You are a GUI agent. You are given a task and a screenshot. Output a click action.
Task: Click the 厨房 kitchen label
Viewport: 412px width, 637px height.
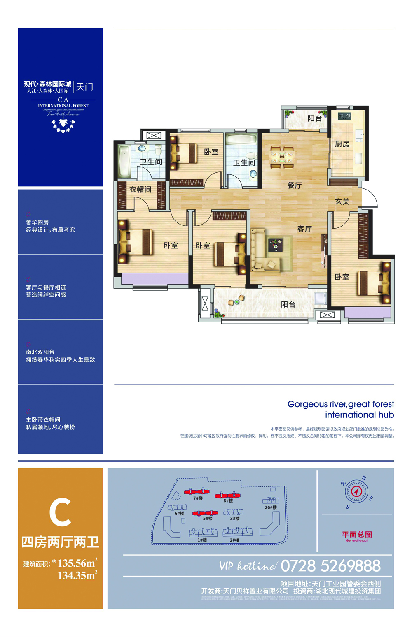(x=342, y=144)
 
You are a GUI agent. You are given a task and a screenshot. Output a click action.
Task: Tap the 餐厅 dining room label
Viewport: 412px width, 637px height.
(x=294, y=185)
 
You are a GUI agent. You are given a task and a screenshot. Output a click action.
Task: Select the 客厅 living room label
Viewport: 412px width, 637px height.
(x=304, y=229)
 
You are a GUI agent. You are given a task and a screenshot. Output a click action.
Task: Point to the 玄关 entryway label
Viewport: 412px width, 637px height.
(x=342, y=202)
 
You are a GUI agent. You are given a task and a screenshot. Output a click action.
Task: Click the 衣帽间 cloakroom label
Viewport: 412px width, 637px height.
(x=140, y=190)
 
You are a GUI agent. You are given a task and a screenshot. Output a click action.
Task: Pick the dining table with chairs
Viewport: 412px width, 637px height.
(x=282, y=157)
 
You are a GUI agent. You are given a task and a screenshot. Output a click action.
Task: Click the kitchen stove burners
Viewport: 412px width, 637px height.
(x=344, y=116)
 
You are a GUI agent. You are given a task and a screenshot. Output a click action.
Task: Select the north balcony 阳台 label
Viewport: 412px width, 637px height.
(x=315, y=118)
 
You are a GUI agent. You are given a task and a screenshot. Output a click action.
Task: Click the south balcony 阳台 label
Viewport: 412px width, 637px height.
(x=288, y=304)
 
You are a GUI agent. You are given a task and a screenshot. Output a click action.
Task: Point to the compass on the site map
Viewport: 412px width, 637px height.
(x=357, y=491)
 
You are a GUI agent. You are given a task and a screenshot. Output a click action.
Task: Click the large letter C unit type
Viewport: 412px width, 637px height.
(x=60, y=512)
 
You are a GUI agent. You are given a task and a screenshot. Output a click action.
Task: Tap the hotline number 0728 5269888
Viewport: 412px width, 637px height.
(x=330, y=566)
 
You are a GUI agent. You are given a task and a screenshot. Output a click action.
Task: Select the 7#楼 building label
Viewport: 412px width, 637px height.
(x=198, y=498)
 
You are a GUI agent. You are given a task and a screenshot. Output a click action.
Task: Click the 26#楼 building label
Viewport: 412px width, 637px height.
(x=271, y=507)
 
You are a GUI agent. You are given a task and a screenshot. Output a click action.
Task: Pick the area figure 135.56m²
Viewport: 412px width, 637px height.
(x=77, y=563)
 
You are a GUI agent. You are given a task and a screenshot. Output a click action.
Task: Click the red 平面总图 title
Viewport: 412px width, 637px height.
(x=357, y=535)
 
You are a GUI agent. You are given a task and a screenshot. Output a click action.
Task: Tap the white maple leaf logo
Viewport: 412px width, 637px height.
(x=63, y=125)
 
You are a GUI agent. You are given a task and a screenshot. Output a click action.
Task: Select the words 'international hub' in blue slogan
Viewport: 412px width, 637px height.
(x=359, y=415)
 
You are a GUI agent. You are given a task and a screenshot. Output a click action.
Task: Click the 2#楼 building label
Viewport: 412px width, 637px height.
(x=234, y=540)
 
